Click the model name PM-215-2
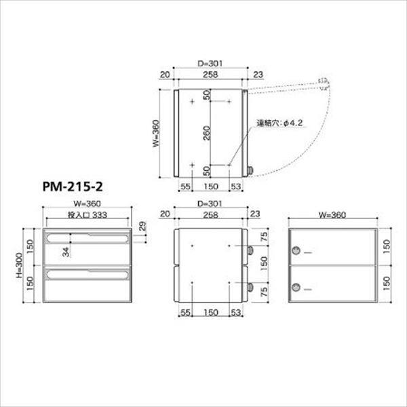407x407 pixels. click(75, 185)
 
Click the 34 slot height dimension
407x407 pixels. click(66, 252)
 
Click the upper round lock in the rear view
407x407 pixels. click(295, 252)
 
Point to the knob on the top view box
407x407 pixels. click(250, 172)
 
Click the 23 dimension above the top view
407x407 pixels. click(257, 75)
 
